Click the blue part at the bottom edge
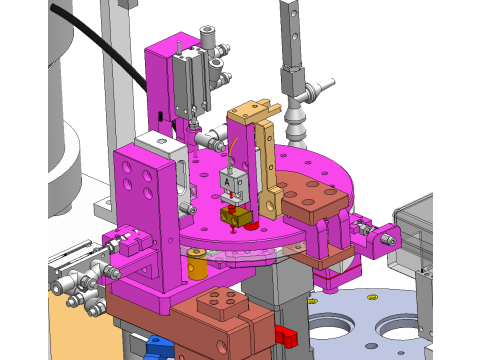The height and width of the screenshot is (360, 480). tap(157, 347)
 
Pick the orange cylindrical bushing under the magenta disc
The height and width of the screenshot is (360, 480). tap(197, 267)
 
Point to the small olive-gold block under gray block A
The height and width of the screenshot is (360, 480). tap(236, 215)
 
